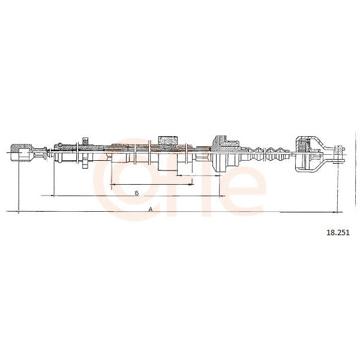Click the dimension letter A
[151, 209]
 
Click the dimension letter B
[137, 193]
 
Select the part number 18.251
[338, 233]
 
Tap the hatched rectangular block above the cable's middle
[168, 140]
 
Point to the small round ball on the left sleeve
[59, 145]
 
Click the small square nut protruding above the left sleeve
[85, 141]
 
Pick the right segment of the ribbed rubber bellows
[277, 154]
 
